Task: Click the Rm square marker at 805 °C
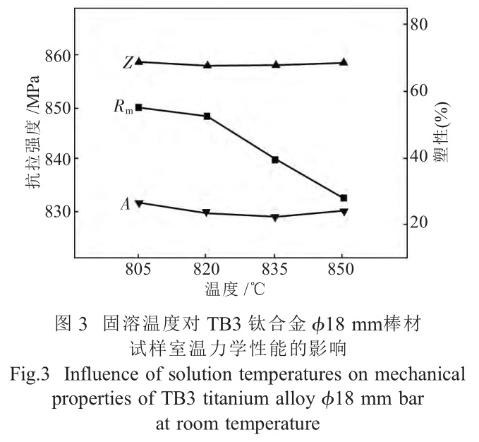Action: [x=139, y=107]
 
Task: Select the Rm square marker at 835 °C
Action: [x=275, y=160]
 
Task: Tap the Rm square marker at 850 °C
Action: [x=344, y=198]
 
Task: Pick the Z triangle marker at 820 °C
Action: [x=207, y=64]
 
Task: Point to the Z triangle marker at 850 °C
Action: [x=344, y=62]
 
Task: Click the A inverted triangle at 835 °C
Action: [x=275, y=217]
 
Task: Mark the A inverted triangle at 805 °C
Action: [x=139, y=203]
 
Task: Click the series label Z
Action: [x=126, y=63]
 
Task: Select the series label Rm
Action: [x=123, y=107]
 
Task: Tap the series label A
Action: [x=125, y=204]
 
